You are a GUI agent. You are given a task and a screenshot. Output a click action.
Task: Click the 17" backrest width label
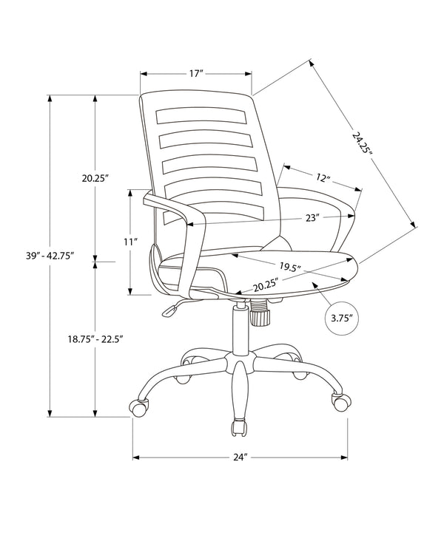coord(196,74)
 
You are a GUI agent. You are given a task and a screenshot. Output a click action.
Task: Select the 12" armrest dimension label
coord(322,178)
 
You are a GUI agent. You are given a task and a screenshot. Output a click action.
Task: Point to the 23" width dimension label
coord(312,218)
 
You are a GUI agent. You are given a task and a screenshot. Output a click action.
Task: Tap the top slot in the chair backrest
coord(201,118)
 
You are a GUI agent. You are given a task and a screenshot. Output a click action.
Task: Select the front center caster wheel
coord(240,428)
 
